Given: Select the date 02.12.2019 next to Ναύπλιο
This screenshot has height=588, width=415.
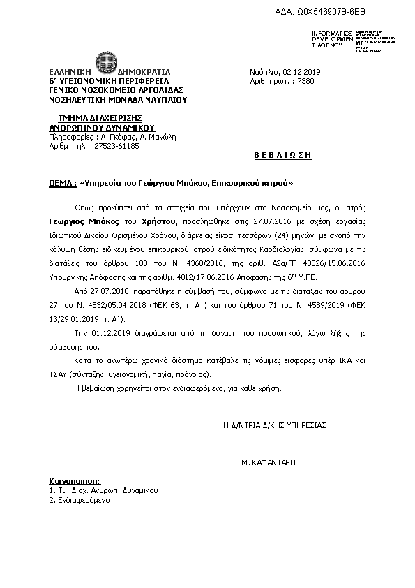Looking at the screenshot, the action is pos(299,72).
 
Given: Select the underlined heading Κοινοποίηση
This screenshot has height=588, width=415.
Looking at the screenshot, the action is pos(75,481).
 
